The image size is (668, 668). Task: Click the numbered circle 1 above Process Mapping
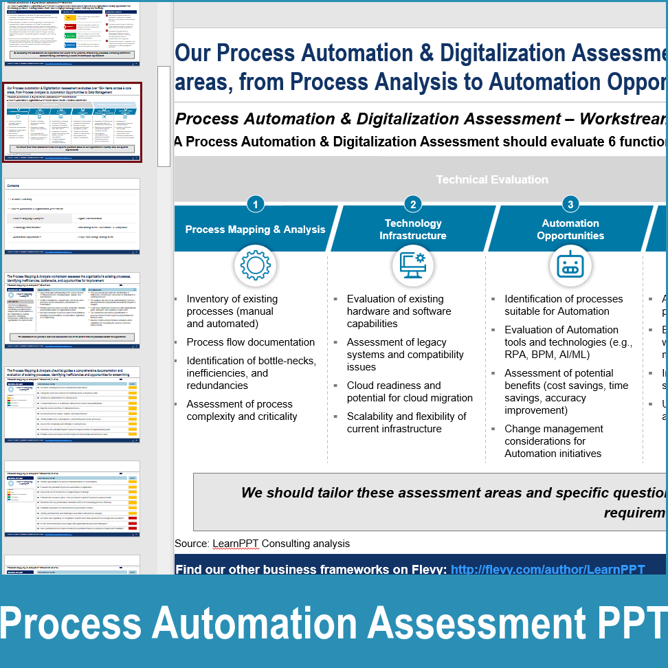pos(255,204)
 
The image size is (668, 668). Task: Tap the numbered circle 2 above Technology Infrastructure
pos(412,204)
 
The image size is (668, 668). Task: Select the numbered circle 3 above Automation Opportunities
pos(570,204)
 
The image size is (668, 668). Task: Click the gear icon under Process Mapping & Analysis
pos(255,266)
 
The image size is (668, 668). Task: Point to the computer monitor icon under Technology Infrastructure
pos(412,266)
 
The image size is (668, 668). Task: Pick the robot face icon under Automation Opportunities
pos(570,266)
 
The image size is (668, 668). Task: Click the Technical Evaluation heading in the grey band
pos(492,179)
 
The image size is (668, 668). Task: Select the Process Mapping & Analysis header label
pos(255,230)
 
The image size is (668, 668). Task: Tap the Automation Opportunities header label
pos(570,230)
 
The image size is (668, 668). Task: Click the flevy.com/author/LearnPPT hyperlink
pos(548,569)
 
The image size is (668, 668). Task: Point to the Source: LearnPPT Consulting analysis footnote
pos(262,544)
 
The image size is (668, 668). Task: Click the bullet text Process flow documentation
pos(250,342)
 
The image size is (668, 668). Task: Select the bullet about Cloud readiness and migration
pos(409,392)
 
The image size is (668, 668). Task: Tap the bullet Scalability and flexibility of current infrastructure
pos(406,423)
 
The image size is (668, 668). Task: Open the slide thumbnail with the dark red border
pos(72,122)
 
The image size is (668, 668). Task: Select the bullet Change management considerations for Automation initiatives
pos(553,441)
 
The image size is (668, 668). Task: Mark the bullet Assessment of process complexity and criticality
pos(242,410)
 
